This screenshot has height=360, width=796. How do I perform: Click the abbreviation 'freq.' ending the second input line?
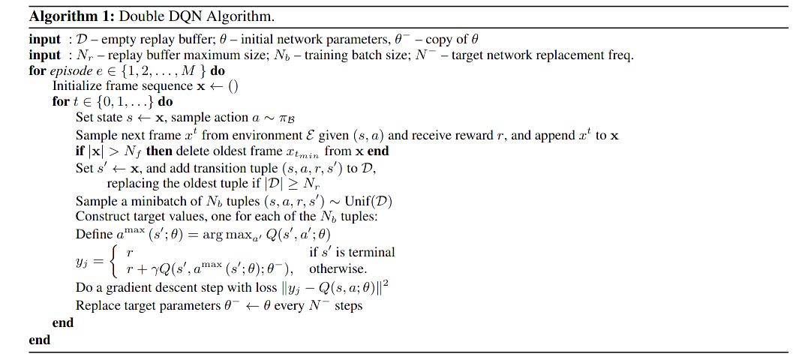click(620, 55)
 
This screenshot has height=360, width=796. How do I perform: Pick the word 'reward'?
click(487, 135)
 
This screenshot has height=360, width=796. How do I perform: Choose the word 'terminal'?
click(369, 252)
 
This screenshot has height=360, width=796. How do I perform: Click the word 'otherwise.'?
click(338, 268)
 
